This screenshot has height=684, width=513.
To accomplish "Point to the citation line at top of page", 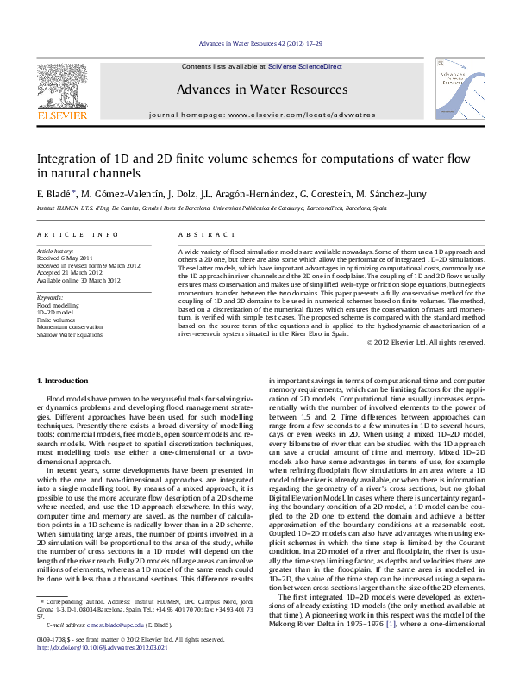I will (256, 42).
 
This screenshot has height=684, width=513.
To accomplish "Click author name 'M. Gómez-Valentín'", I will (121, 195).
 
